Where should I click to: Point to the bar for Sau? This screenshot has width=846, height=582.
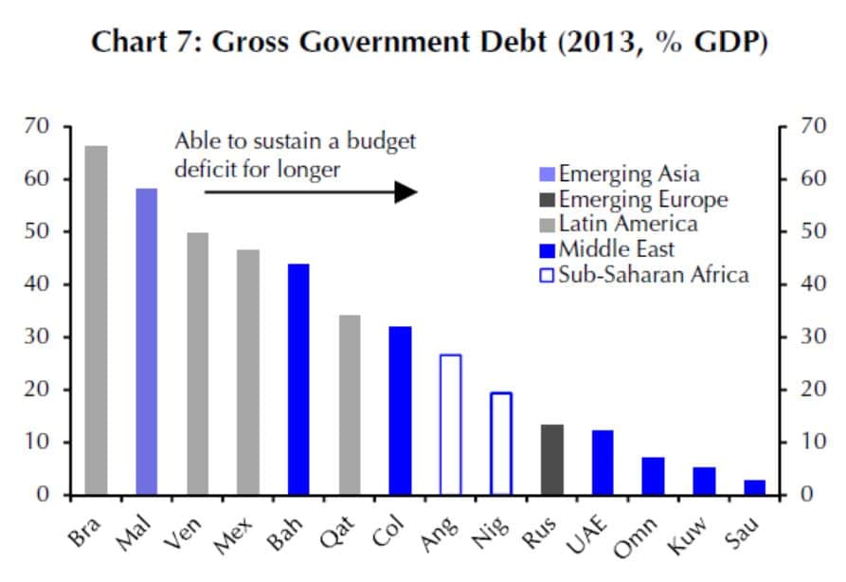pyautogui.click(x=755, y=487)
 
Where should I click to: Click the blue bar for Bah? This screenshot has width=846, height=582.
pyautogui.click(x=299, y=379)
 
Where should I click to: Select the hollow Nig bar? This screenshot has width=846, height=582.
pyautogui.click(x=501, y=444)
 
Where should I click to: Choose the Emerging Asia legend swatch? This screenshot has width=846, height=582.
pyautogui.click(x=546, y=174)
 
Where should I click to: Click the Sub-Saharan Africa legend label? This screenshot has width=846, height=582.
pyautogui.click(x=654, y=275)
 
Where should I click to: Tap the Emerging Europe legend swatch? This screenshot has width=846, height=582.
pyautogui.click(x=546, y=200)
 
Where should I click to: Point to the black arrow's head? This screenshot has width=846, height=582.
pyautogui.click(x=406, y=191)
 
